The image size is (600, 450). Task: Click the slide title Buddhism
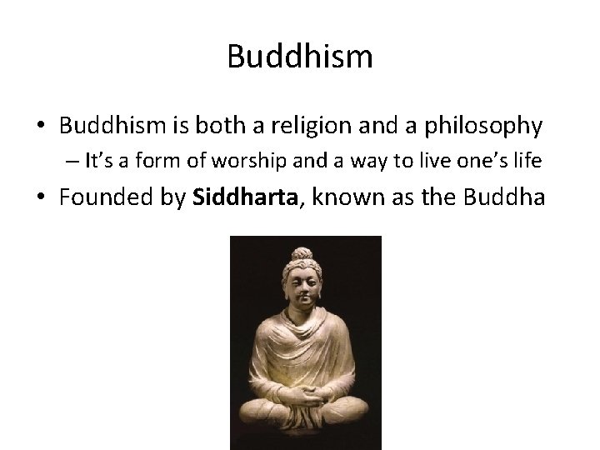click(299, 57)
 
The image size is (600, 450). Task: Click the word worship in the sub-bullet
click(255, 162)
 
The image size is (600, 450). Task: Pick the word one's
click(481, 162)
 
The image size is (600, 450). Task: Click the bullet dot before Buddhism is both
click(42, 127)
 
